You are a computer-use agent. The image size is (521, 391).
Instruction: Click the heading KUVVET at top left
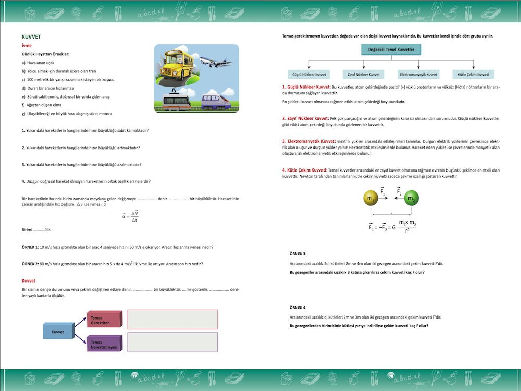click(x=31, y=37)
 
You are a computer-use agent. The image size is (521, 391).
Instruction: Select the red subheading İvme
click(x=27, y=46)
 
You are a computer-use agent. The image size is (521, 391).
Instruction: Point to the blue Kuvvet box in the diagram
click(x=58, y=331)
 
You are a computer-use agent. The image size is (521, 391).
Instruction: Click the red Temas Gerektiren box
click(x=104, y=320)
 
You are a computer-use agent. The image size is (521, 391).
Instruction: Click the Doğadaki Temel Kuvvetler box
click(x=391, y=50)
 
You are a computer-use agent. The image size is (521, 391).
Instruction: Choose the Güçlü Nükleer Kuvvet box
click(x=309, y=75)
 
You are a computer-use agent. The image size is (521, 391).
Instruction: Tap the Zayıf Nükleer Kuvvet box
click(x=364, y=75)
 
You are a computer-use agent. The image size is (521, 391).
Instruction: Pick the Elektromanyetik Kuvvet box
click(x=418, y=75)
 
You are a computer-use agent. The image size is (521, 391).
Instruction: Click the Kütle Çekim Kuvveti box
click(x=473, y=75)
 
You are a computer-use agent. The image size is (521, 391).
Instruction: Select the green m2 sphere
click(x=412, y=199)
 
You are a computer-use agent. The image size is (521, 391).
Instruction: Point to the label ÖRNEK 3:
click(x=298, y=253)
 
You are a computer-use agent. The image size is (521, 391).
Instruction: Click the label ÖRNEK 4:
click(x=298, y=307)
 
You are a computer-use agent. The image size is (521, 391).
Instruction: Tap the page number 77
click(x=134, y=376)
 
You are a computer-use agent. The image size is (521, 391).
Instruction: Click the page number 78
click(x=391, y=376)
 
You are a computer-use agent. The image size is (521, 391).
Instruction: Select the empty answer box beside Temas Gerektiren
click(x=172, y=319)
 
